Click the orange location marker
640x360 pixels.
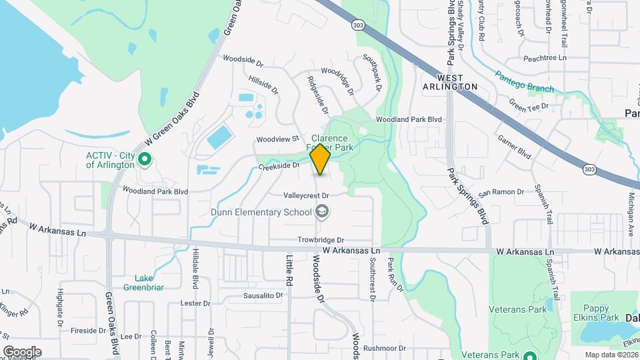(x=320, y=159)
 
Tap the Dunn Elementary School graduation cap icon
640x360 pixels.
(x=323, y=212)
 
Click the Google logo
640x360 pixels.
(x=22, y=352)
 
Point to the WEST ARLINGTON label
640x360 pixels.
(x=451, y=87)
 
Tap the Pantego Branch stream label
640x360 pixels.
(x=524, y=81)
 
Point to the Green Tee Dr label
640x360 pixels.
(x=528, y=105)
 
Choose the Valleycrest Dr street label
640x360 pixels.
(x=307, y=195)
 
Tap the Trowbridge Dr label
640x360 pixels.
(x=321, y=240)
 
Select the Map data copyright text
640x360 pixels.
(x=611, y=355)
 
